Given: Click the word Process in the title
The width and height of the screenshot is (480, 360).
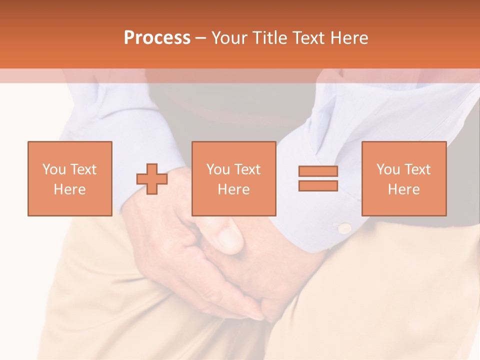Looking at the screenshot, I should point(157,38).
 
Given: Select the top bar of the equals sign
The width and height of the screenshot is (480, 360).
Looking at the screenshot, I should point(318,171).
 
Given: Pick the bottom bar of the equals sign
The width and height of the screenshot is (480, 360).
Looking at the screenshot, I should point(318,185).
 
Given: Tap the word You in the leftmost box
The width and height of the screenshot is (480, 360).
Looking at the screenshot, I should point(54,169).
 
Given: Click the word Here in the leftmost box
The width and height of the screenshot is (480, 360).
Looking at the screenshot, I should point(69,189).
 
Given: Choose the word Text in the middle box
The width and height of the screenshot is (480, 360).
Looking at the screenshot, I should point(246,169).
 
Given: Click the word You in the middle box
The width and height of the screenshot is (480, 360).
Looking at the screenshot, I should point(218,169).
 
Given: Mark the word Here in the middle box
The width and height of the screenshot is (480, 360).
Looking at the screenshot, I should point(233,189).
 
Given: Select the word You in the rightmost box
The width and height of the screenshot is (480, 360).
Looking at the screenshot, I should point(388,169).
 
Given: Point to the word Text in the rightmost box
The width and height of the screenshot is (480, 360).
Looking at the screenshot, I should point(416,169).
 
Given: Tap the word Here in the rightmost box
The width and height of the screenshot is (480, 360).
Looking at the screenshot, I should point(403,189).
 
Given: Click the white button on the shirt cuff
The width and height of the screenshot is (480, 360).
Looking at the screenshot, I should point(344,228).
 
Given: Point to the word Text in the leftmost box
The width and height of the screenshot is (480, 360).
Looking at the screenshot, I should point(82,169).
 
